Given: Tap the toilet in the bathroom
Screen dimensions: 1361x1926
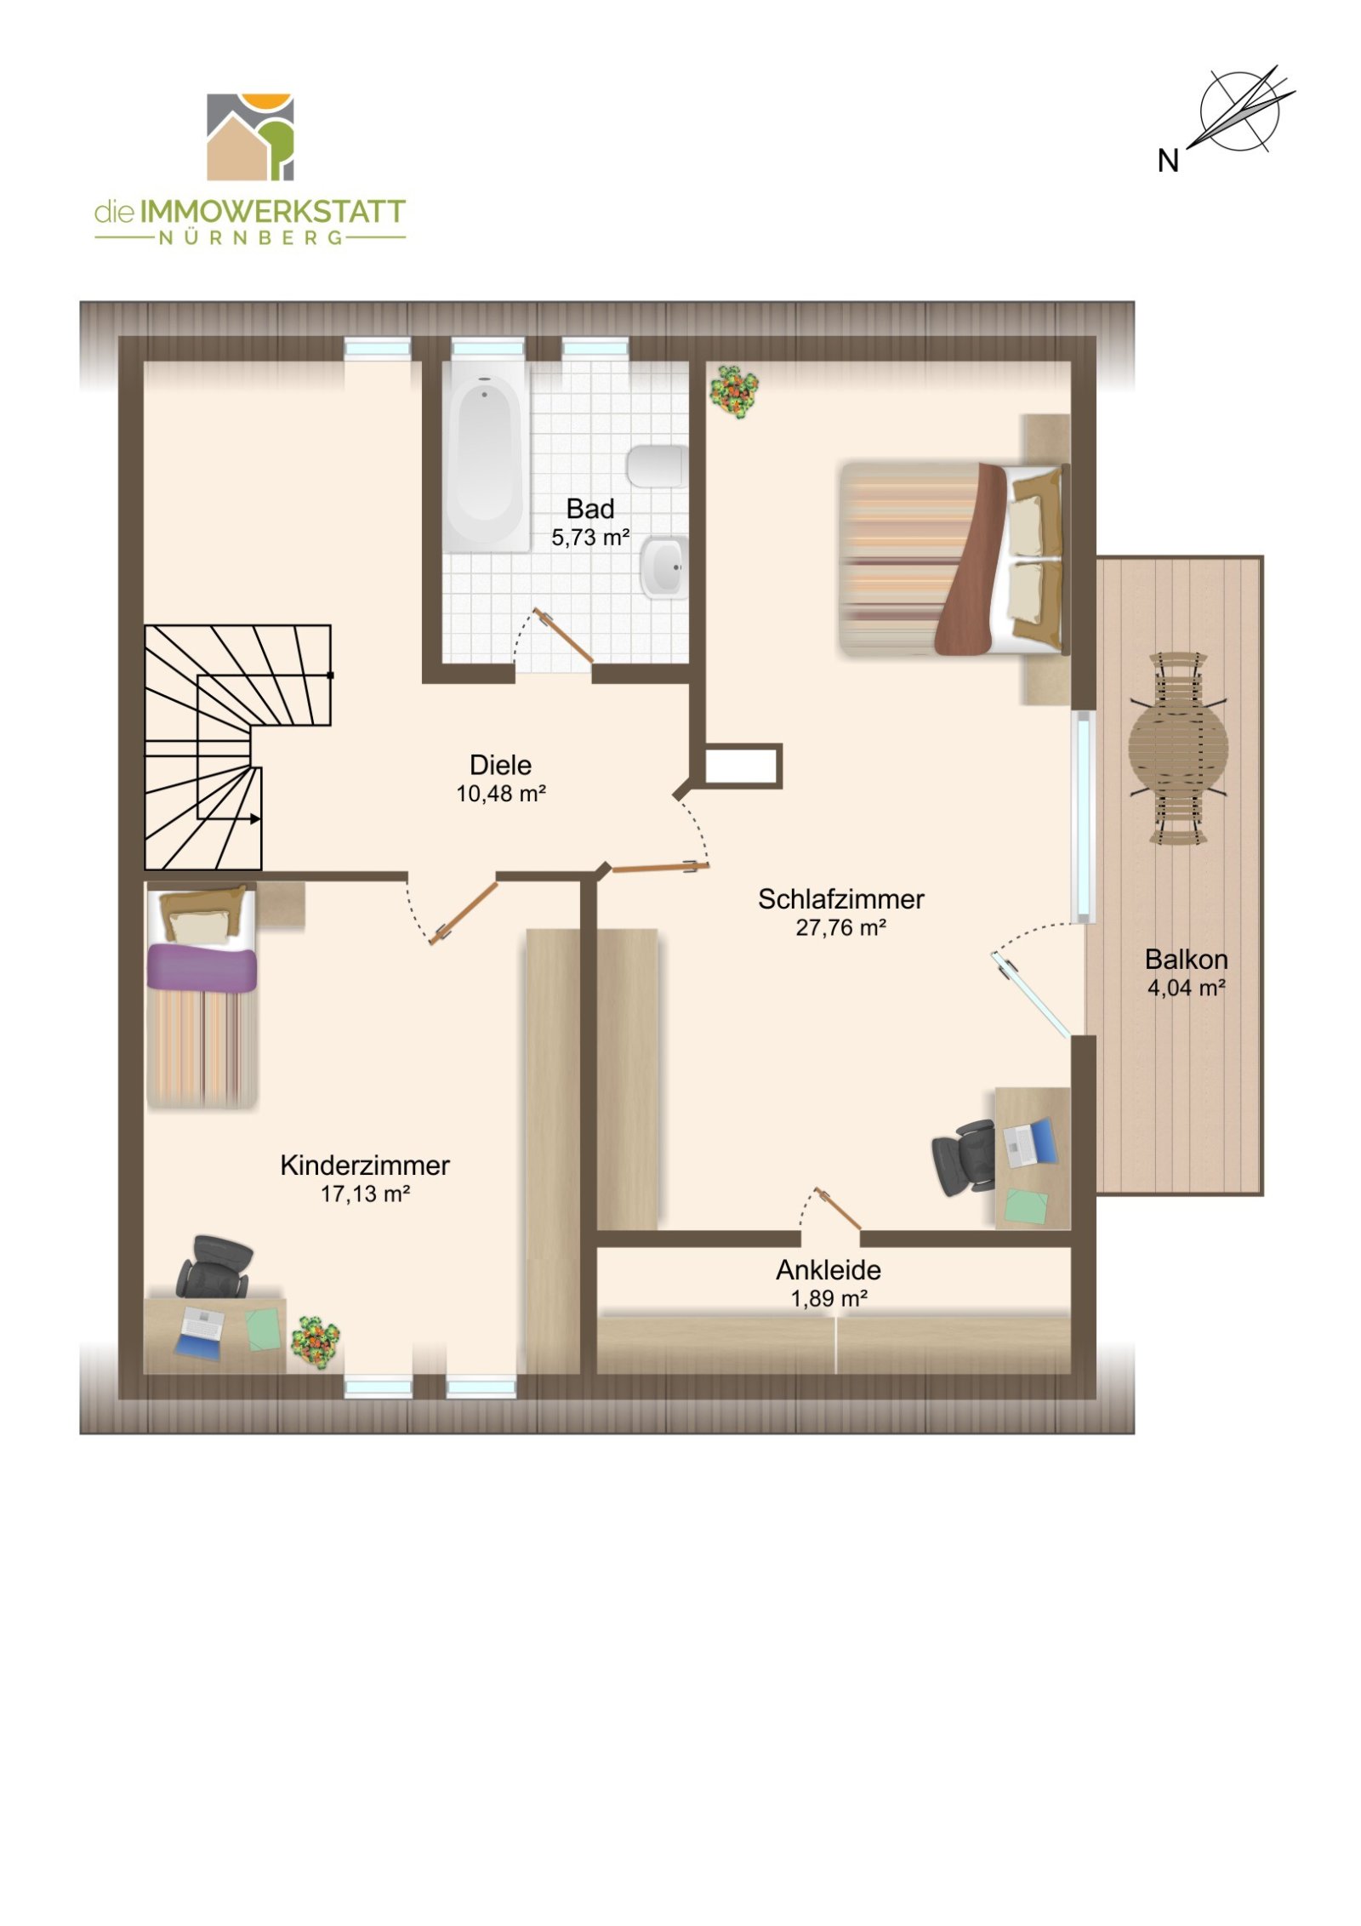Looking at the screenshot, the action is pos(657,466).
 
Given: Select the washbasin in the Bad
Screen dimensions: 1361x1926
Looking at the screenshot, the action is pos(664,567).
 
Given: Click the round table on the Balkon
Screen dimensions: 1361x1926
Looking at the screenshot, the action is pos(1178,747).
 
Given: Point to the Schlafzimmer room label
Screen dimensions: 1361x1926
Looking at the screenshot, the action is pos(840,898).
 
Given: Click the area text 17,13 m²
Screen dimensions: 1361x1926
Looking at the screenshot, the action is pos(365,1194).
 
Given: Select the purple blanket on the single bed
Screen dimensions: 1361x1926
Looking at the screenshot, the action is pos(202,969).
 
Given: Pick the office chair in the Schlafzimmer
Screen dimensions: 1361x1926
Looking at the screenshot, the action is pos(965,1157).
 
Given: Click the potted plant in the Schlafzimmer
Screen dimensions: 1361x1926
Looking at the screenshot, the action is pos(734,390).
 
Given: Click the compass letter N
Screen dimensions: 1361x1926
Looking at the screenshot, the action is pos(1168,160).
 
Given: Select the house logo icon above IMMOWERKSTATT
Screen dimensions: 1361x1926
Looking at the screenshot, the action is pos(250,137).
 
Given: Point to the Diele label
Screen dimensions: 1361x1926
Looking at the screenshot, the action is pos(500,764).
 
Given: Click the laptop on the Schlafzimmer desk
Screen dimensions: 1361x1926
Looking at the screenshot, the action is pos(1031,1142).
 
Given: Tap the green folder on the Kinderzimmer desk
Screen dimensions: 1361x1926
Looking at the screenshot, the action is pos(263,1330).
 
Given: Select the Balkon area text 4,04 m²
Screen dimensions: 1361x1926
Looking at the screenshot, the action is pos(1186,988).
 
